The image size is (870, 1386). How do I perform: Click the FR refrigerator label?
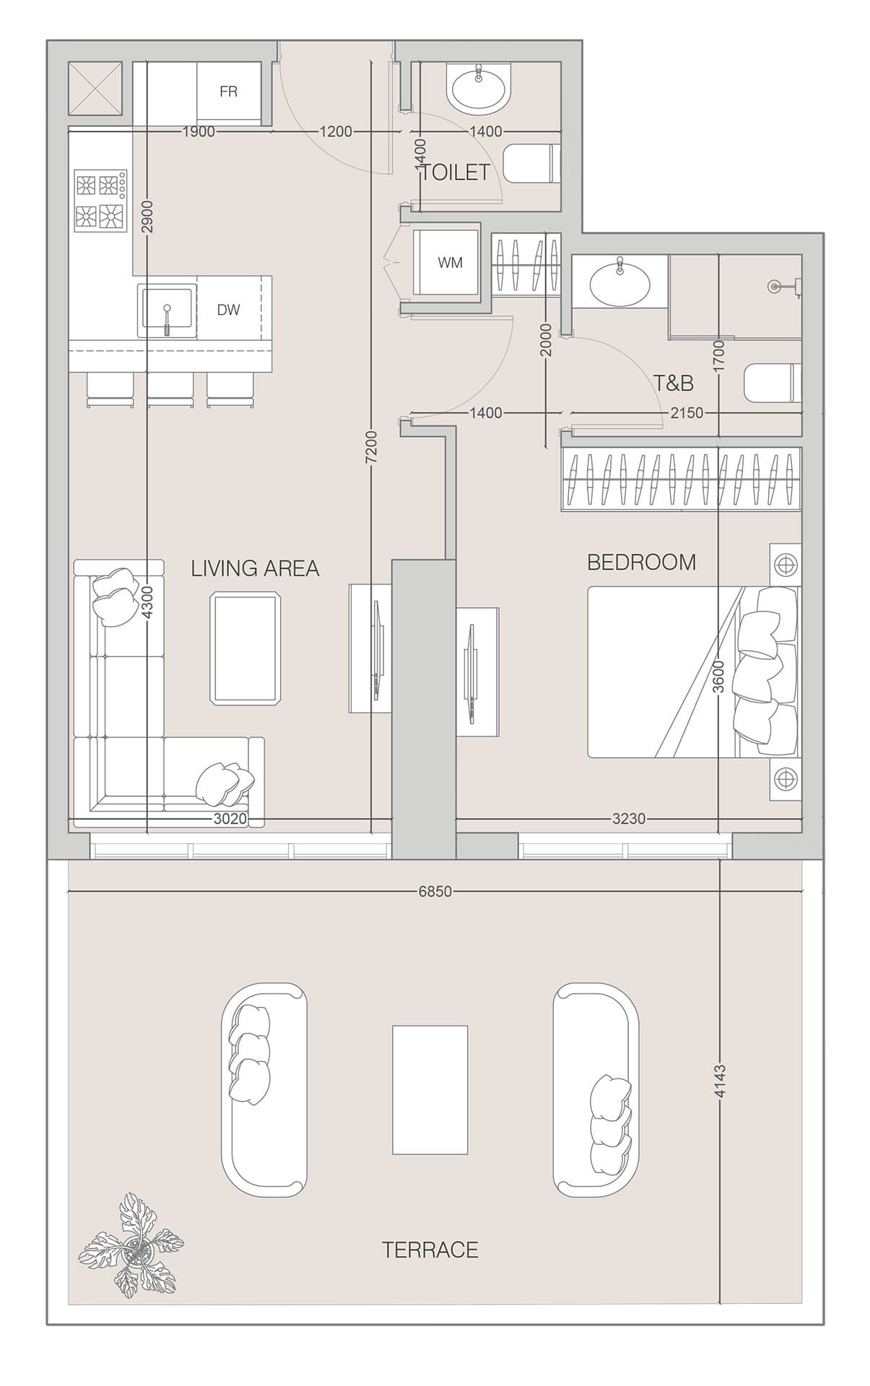click(228, 92)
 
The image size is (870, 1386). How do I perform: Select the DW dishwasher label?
click(228, 310)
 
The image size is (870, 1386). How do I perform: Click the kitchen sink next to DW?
click(167, 310)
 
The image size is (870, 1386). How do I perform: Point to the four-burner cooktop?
click(100, 200)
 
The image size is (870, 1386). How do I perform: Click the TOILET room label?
click(455, 173)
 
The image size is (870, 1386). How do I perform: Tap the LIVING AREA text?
click(255, 569)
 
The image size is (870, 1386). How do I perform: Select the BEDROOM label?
click(641, 562)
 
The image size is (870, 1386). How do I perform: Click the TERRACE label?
click(430, 1250)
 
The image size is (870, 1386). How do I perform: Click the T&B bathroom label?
click(673, 383)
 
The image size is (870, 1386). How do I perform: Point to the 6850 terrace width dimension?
click(435, 892)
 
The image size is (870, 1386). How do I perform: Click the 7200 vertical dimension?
click(371, 448)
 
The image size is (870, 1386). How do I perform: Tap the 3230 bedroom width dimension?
click(628, 819)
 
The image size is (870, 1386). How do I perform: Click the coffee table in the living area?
click(245, 648)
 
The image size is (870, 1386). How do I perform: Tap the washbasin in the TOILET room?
click(478, 89)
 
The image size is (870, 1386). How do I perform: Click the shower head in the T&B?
click(776, 287)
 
